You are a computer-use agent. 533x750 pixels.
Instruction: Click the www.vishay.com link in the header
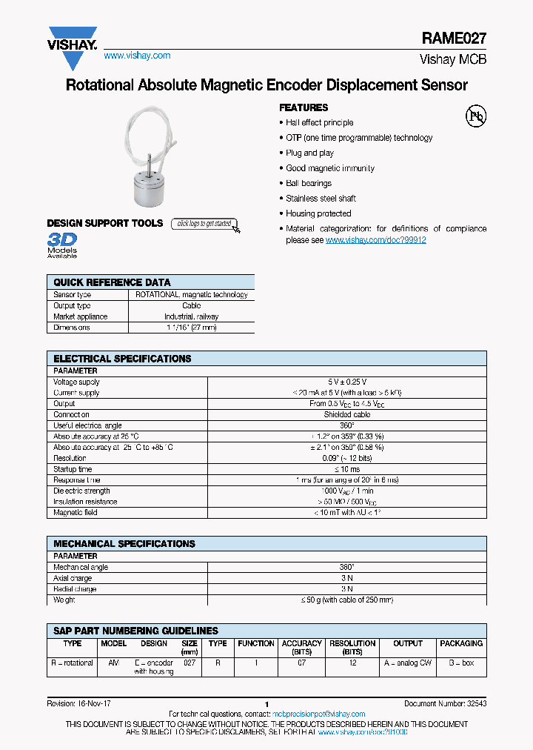137,56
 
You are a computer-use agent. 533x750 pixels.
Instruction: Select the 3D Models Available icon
62,245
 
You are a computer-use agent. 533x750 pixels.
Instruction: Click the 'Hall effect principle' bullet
319,123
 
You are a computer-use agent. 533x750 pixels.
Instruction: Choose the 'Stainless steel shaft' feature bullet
321,199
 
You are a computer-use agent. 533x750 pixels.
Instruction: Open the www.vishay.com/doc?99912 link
375,240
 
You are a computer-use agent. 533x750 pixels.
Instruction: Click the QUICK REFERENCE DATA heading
112,282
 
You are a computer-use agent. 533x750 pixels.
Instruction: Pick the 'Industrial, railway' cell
191,316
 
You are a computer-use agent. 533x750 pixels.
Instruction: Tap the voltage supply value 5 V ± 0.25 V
347,382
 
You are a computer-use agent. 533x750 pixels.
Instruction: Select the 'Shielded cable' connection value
347,415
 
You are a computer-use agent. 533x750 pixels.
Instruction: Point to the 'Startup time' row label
73,469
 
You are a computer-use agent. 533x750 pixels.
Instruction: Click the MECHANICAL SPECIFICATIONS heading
124,543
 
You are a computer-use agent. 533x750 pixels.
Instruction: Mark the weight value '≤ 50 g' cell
347,600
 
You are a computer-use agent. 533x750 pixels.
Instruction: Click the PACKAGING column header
461,643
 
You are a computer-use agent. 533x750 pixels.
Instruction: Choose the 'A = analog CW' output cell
407,663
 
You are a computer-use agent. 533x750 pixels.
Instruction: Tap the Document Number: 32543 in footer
445,703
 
